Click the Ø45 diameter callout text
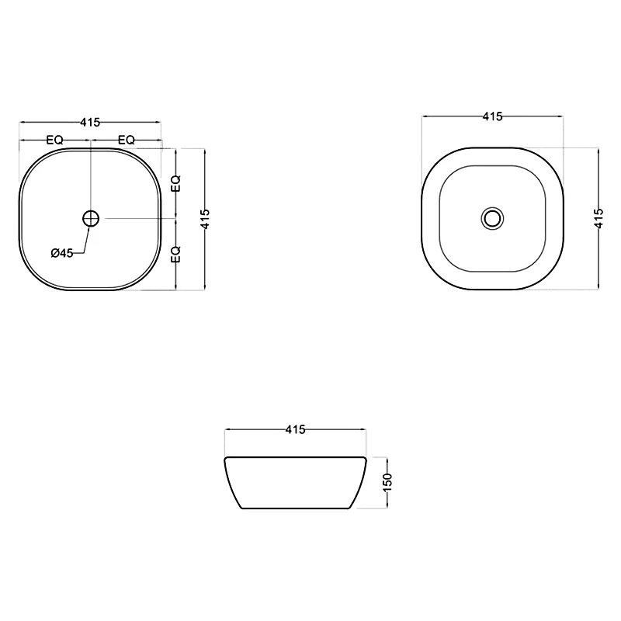[x=62, y=253]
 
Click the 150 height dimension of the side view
[x=387, y=482]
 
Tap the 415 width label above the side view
[x=295, y=429]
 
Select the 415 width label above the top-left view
[x=90, y=123]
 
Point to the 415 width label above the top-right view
[x=492, y=116]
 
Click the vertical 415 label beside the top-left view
[x=205, y=219]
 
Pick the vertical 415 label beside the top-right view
[x=598, y=218]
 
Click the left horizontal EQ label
[x=54, y=140]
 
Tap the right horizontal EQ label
[x=127, y=140]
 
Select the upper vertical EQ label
[x=175, y=183]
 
